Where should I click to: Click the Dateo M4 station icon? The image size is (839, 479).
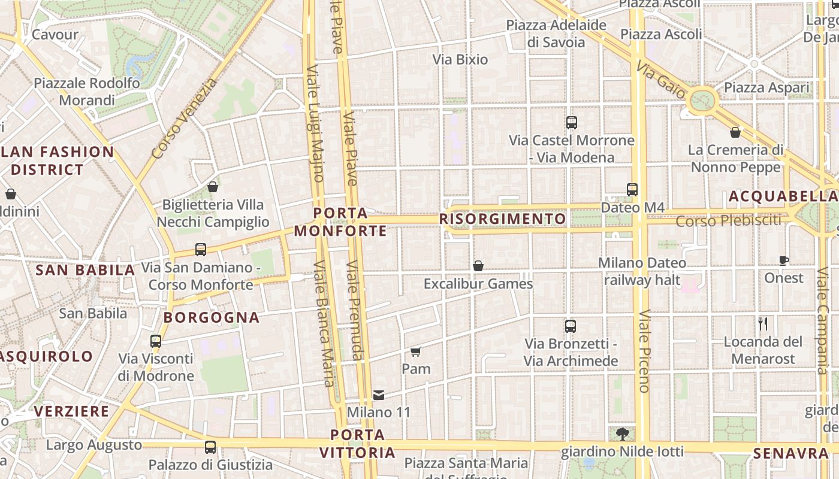tap(632, 190)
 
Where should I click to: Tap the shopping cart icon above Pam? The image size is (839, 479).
tap(416, 351)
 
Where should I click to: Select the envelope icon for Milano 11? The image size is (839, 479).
tap(379, 395)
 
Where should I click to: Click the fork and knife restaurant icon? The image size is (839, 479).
tap(763, 324)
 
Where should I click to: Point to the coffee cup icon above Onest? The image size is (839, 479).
tap(783, 260)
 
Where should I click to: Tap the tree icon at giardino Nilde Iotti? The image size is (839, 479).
tap(623, 433)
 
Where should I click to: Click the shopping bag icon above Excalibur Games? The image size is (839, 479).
tap(478, 266)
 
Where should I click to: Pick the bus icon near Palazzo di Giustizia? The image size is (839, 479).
tap(210, 447)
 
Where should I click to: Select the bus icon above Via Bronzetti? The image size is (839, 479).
tap(570, 326)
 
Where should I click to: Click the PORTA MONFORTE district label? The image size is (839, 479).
tap(340, 222)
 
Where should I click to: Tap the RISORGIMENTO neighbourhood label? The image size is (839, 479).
tap(503, 219)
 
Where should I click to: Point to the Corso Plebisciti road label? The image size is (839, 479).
tap(728, 221)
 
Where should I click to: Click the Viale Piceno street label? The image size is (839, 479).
tap(644, 351)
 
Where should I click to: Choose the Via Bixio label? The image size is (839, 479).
tap(460, 59)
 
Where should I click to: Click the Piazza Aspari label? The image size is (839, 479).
tap(766, 88)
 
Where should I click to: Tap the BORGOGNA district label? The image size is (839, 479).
tap(212, 317)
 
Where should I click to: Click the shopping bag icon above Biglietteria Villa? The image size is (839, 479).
tap(212, 187)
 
